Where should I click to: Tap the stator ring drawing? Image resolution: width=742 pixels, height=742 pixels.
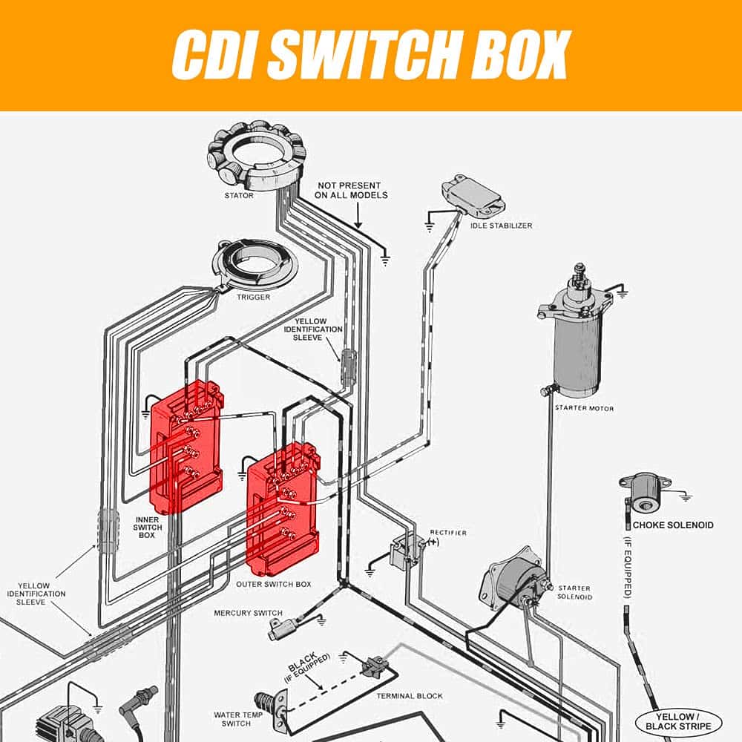256,156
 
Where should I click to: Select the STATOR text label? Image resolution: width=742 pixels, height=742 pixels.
239,196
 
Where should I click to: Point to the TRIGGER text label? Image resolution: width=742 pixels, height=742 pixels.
253,298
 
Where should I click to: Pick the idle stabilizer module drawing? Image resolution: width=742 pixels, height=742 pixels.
472,194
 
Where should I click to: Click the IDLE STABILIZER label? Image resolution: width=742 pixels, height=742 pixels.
501,226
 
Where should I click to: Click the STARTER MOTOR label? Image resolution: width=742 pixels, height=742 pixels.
584,408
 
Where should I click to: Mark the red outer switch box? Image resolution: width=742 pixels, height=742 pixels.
282,509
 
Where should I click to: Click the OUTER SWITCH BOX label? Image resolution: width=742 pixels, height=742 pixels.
274,585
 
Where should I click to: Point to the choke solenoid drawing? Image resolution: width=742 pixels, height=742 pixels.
642,494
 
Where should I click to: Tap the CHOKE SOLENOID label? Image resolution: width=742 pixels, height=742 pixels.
672,525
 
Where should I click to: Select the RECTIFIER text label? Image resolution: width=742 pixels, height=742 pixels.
448,533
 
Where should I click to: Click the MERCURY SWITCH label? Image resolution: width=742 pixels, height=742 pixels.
248,613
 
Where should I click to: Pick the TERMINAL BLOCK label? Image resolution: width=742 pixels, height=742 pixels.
409,696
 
